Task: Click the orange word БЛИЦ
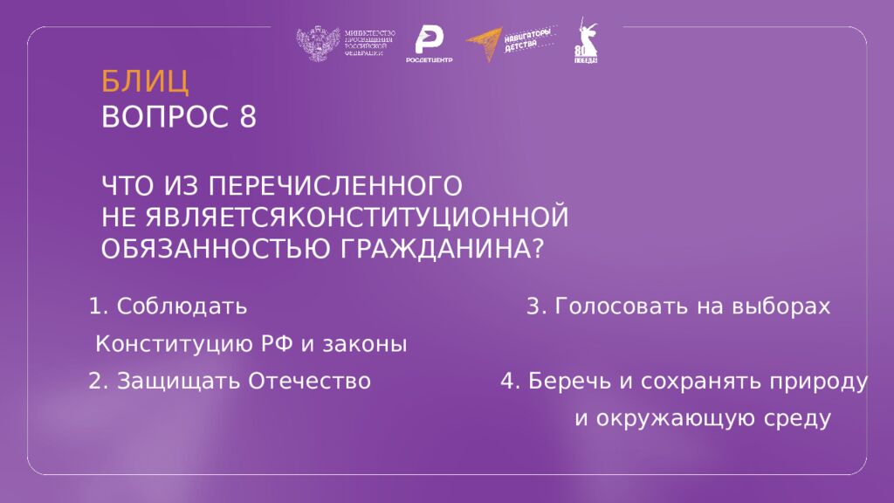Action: point(145,81)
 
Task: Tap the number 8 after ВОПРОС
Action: point(247,117)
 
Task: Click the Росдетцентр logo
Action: point(428,43)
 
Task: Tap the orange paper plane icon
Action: point(484,45)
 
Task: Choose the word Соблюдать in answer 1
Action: point(182,307)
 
